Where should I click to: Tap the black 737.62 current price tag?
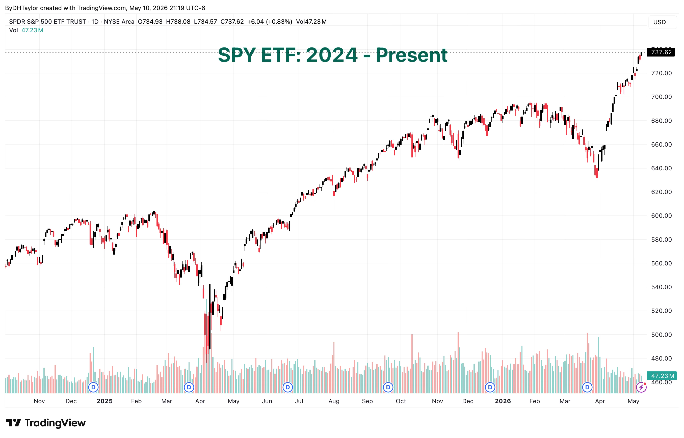tap(661, 52)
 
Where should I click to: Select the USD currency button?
tap(659, 22)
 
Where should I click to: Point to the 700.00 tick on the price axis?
tap(661, 97)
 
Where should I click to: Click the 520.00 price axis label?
tap(661, 311)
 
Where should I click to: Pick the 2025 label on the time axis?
tap(104, 401)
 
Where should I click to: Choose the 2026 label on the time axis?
tap(503, 401)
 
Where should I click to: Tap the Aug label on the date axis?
tap(334, 401)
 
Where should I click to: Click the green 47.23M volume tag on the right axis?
tap(662, 376)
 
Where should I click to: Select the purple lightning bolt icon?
tap(641, 387)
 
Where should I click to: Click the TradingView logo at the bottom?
tap(45, 423)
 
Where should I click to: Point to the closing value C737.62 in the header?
tap(232, 22)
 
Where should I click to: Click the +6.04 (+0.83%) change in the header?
tap(270, 22)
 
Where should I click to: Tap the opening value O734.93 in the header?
tap(150, 22)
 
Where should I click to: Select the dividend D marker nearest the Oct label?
tap(388, 387)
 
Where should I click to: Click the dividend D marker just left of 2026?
tap(490, 387)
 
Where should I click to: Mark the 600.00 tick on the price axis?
tap(661, 215)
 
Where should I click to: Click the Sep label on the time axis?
tap(367, 401)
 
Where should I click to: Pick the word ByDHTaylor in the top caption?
tap(22, 8)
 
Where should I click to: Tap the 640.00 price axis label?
tap(661, 168)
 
